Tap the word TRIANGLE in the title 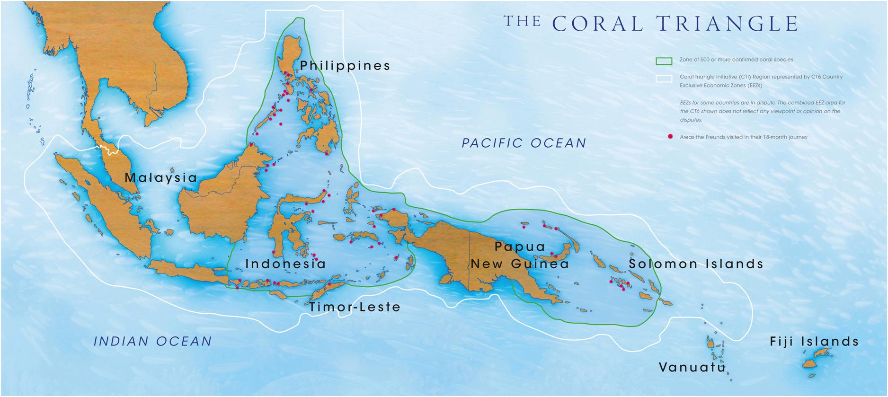(x=728, y=24)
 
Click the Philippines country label (x=345, y=66)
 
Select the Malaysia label (x=160, y=178)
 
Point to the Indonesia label (x=285, y=264)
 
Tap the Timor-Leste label (x=355, y=307)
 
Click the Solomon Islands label (x=696, y=264)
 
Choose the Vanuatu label (x=692, y=367)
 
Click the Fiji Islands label (x=814, y=342)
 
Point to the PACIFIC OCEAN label (x=524, y=143)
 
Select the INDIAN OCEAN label (x=153, y=341)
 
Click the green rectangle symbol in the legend (x=664, y=61)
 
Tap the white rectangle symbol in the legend (x=664, y=78)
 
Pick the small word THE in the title (x=522, y=21)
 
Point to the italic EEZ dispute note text (x=762, y=111)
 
